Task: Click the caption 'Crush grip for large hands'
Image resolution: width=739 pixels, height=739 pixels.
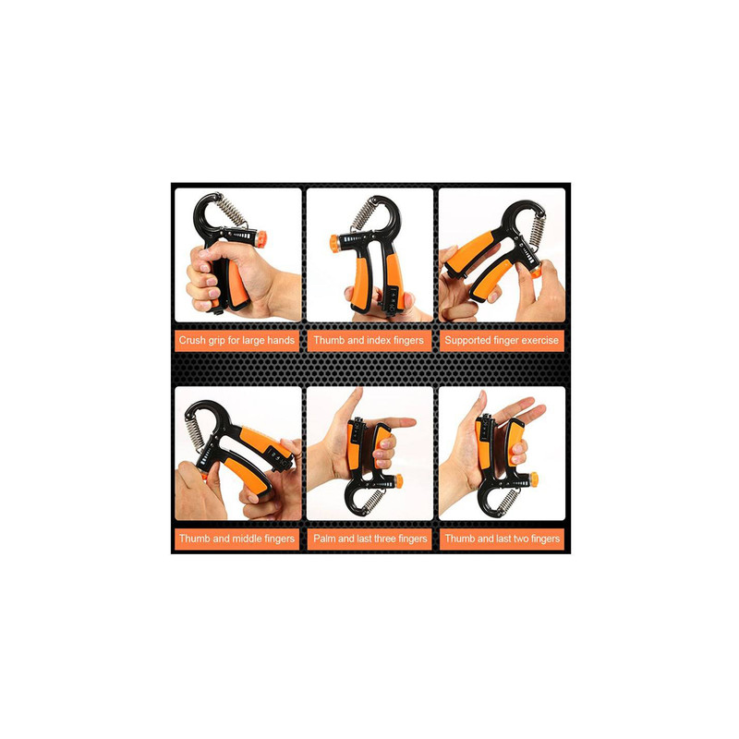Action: pos(236,340)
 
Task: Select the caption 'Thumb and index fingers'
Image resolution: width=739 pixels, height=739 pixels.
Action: pos(369,340)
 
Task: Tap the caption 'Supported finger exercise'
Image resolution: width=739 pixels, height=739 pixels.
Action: pos(502,340)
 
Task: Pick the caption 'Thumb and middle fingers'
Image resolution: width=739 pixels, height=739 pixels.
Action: pos(236,539)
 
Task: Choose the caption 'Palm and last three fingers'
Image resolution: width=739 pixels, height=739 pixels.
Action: pos(370,539)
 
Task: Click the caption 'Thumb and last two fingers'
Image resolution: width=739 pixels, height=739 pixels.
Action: pos(503,539)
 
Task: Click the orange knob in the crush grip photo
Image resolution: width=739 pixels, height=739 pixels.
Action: pos(260,238)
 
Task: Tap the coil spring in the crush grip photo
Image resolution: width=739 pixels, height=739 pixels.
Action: pos(232,210)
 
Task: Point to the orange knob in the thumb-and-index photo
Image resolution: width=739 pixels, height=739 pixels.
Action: pos(334,243)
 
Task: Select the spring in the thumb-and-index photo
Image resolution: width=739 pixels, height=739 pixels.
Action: pos(363,213)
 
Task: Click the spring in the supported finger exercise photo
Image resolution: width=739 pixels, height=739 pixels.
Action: pos(537,231)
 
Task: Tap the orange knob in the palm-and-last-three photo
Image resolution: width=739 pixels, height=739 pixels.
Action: pos(399,481)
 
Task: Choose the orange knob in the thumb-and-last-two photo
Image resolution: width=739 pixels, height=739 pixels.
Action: pos(533,479)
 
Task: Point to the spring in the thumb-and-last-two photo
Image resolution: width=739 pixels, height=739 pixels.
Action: pos(507,501)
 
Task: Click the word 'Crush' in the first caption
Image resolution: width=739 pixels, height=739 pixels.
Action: pos(192,340)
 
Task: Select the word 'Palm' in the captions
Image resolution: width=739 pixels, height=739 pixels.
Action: pos(324,539)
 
